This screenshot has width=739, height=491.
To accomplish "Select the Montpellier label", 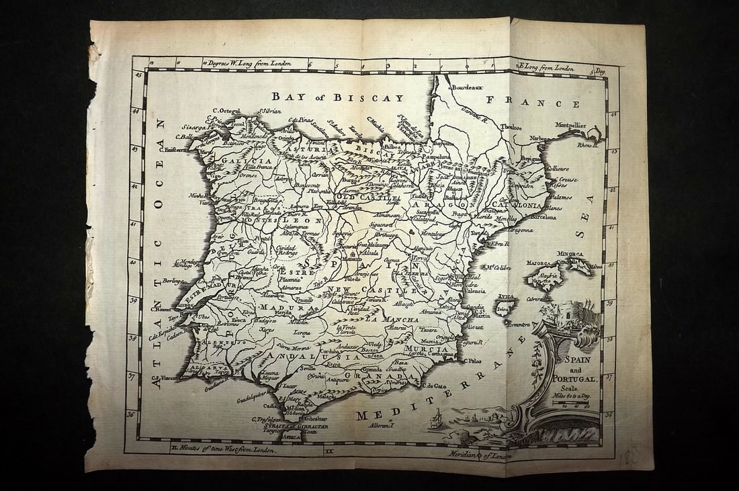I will tap(570, 126).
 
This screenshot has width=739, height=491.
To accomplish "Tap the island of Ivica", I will tap(504, 308).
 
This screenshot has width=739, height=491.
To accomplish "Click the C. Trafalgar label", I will tap(266, 420).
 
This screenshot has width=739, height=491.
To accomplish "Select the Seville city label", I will tap(308, 369).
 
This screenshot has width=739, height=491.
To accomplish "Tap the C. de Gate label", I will tap(434, 386).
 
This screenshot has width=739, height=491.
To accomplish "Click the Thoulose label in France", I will tap(511, 127).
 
